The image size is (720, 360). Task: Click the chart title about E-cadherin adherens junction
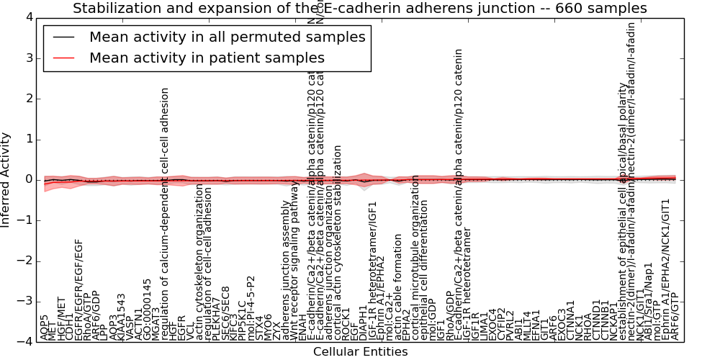click(x=360, y=9)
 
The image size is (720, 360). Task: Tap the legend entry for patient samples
click(x=207, y=58)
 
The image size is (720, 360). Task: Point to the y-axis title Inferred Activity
click(x=6, y=180)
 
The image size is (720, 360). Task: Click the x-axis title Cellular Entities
click(x=360, y=352)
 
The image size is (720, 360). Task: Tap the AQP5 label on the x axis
click(x=45, y=327)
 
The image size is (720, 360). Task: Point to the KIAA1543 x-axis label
click(x=122, y=318)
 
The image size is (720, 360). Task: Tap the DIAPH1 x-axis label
click(x=363, y=323)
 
